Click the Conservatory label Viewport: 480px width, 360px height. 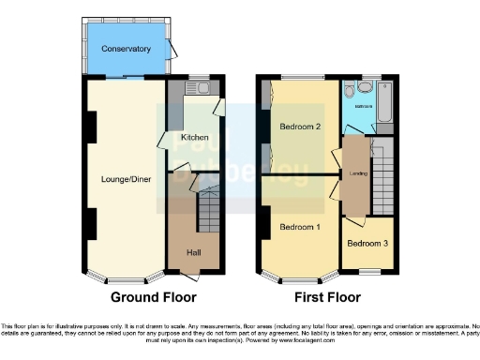click(x=127, y=49)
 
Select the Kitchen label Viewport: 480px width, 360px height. click(x=195, y=137)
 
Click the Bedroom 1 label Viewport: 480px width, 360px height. click(x=299, y=228)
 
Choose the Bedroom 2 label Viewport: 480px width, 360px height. click(x=299, y=127)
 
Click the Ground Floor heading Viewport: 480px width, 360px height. click(x=151, y=298)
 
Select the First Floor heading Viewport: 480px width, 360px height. click(x=327, y=298)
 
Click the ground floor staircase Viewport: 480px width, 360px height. click(x=208, y=212)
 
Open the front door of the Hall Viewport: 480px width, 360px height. click(x=191, y=275)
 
